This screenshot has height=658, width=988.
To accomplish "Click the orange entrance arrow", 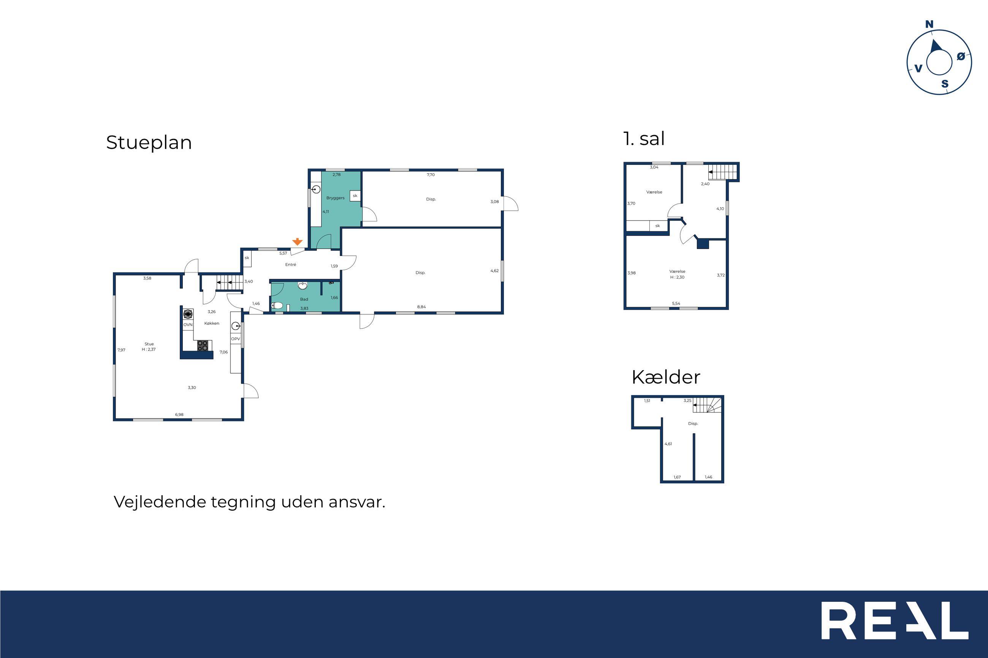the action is point(297,242).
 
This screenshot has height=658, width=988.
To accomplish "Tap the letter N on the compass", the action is point(929,25).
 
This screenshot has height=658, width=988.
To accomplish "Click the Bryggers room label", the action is point(336,198).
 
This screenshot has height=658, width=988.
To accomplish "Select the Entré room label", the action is point(291,265).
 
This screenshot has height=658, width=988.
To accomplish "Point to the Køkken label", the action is point(212,323).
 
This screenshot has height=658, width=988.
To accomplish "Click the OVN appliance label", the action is point(188,325).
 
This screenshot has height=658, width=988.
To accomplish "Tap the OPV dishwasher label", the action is point(236,339).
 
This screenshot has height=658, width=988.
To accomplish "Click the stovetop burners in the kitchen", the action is point(203,346).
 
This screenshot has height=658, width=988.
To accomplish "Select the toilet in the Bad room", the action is point(276,305).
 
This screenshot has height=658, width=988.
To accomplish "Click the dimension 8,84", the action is point(421,307).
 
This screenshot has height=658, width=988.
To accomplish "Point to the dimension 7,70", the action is point(431,175).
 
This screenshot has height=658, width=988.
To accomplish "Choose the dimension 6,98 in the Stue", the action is point(179,415).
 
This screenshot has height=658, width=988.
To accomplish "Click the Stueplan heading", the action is point(149,143).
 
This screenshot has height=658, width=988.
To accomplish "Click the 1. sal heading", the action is point(644,139).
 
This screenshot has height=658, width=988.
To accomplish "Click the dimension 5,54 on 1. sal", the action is point(676,303).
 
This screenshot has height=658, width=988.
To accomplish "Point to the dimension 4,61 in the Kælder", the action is point(668,443).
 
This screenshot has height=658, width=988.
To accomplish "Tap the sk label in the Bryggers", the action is point(355,196).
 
